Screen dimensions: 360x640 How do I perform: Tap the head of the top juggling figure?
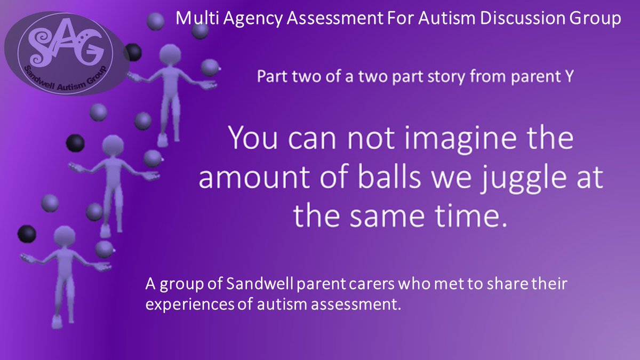[x=171, y=55]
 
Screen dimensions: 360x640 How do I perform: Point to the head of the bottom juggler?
[x=64, y=236]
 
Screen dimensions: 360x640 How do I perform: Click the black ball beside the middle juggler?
[x=75, y=142]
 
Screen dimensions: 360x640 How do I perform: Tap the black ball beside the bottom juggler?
[x=27, y=233]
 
